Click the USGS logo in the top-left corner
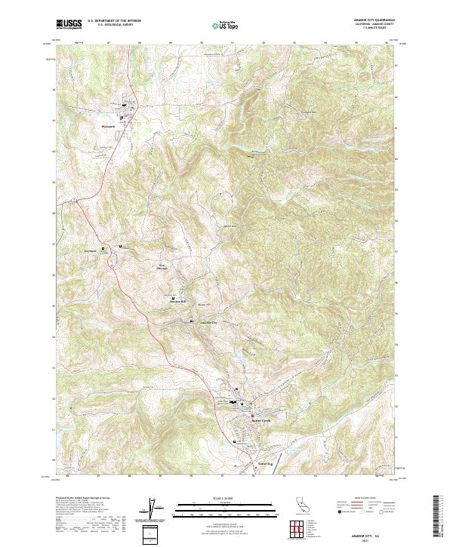(x=68, y=24)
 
